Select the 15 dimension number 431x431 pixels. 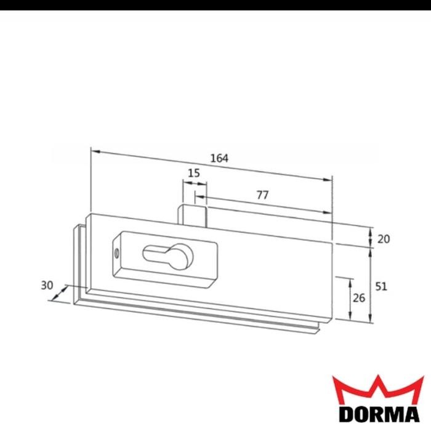(x=193, y=174)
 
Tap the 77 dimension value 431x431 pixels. (x=262, y=195)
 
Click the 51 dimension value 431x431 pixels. (x=382, y=286)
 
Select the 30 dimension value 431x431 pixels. (x=47, y=286)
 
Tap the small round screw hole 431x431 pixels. (x=116, y=253)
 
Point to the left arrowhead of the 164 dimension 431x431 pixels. (x=94, y=150)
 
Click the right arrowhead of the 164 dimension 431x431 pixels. (x=329, y=179)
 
